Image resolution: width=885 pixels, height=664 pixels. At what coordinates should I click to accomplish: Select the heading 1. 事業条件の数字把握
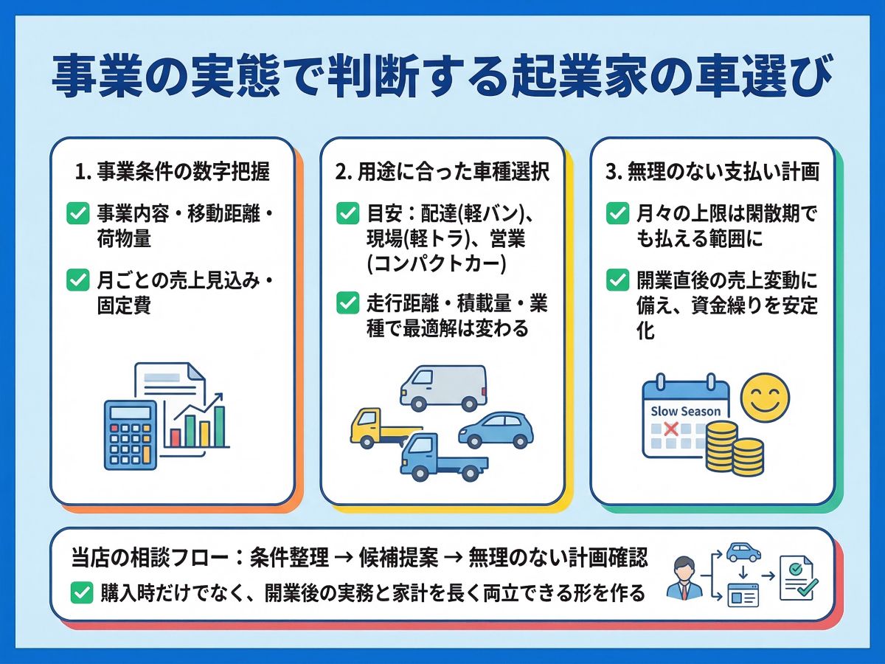[173, 173]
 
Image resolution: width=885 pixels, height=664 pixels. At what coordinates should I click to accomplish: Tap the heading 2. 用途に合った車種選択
[442, 173]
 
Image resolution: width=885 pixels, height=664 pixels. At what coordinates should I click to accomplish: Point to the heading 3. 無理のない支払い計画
[712, 173]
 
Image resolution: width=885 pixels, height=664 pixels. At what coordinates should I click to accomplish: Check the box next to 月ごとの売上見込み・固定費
[77, 280]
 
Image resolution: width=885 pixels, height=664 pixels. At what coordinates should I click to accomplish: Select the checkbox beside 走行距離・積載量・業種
[347, 303]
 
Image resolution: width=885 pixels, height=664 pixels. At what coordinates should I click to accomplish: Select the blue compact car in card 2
[496, 429]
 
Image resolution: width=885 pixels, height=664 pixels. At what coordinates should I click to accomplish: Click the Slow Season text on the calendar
[685, 411]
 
